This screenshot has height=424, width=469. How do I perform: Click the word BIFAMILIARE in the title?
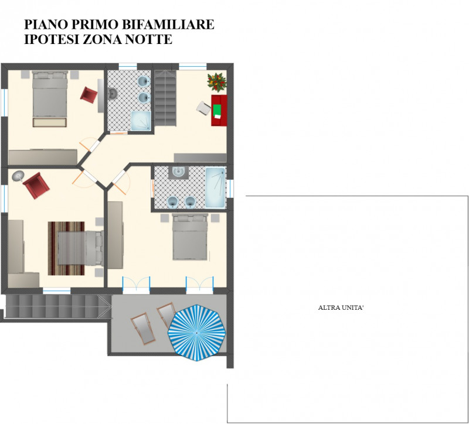click(x=168, y=25)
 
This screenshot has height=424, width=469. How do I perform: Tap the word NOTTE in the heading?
click(x=148, y=39)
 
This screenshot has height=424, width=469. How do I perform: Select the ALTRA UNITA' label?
click(x=341, y=307)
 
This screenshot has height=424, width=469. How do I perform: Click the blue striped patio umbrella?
click(x=196, y=332)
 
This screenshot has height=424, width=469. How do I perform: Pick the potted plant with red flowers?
click(x=216, y=82)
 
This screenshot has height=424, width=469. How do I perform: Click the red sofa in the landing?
click(x=219, y=110)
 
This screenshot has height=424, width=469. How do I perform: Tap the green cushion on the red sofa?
click(x=217, y=111)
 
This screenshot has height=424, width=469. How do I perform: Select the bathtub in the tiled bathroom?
click(x=215, y=187)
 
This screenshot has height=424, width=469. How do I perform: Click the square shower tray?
click(x=141, y=121)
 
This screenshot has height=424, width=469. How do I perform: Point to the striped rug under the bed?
click(x=66, y=248)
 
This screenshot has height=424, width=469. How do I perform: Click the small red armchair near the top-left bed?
click(x=89, y=95)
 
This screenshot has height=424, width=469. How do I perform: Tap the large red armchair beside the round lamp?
click(x=36, y=186)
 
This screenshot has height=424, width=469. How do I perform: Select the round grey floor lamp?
click(x=18, y=176)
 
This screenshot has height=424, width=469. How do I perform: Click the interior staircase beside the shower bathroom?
click(x=165, y=98)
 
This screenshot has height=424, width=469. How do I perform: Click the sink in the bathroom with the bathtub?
click(x=178, y=172)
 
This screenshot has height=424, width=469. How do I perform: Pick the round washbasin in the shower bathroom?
click(x=113, y=93)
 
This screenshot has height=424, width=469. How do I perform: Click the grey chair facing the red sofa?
click(x=203, y=108)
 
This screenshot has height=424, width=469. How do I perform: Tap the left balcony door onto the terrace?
click(x=137, y=285)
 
